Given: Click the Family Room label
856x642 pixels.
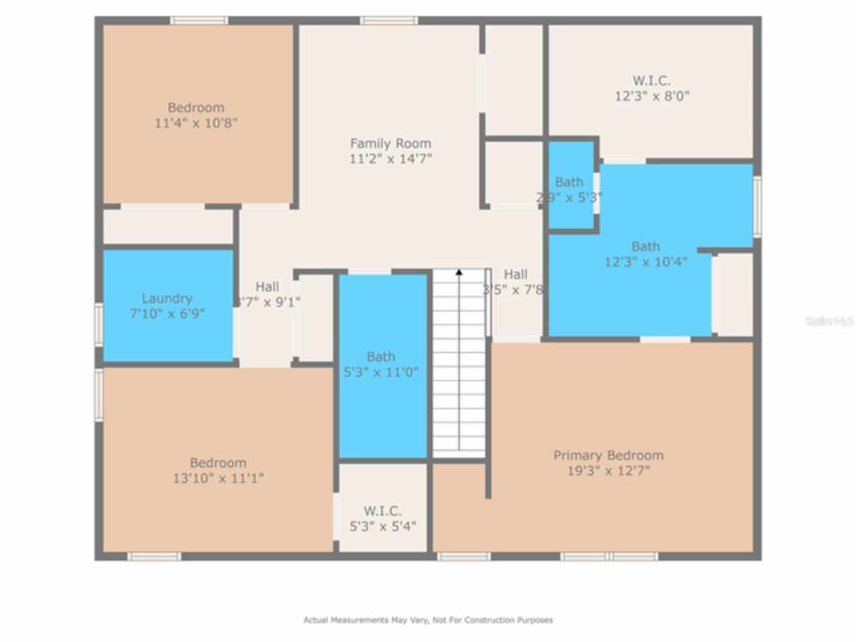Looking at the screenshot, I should click(x=391, y=143).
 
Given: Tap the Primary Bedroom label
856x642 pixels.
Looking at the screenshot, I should click(x=608, y=455).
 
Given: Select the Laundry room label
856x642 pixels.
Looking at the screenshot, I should click(x=167, y=298).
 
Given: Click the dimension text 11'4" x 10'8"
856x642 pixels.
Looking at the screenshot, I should click(x=196, y=123).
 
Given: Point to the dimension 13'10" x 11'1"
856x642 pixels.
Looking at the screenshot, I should click(x=218, y=478).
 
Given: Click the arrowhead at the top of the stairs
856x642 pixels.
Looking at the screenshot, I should click(x=459, y=272).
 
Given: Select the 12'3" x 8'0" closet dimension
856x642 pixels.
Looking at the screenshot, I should click(x=651, y=96).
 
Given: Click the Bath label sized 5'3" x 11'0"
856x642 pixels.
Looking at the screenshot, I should click(x=381, y=356).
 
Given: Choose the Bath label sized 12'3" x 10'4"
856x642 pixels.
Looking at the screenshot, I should click(x=645, y=246).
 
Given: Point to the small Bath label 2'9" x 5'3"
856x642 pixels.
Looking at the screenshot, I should click(x=569, y=182).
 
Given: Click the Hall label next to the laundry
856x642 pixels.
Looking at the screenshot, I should click(x=267, y=287).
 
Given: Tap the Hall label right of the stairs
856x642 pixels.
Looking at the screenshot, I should click(x=515, y=274).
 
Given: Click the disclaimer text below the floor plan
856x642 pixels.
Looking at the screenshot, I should click(x=428, y=620).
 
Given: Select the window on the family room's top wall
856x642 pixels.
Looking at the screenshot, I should click(x=389, y=21).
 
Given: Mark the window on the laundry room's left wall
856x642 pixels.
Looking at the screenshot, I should click(x=98, y=324).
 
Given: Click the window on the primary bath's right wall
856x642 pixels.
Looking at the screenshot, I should click(x=757, y=206).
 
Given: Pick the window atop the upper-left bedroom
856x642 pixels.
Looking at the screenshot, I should click(x=199, y=21).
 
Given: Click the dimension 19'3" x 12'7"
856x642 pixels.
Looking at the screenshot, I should click(x=608, y=471).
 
